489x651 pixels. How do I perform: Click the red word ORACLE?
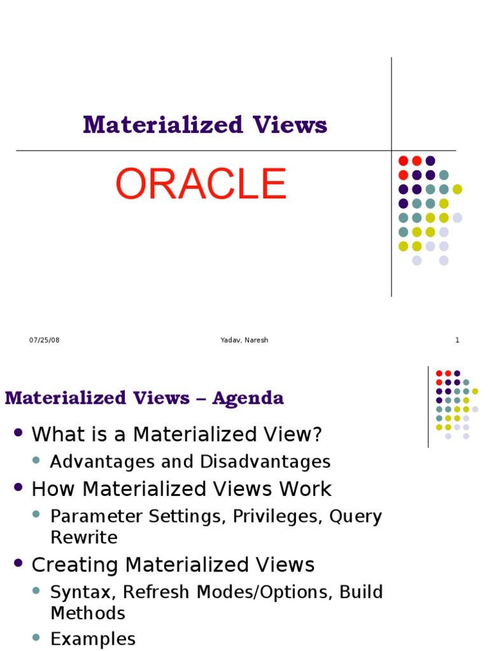201,184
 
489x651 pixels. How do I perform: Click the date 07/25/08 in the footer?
44,340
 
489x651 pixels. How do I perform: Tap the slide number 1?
457,340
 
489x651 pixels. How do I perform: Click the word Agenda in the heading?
248,399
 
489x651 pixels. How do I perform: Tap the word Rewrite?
84,538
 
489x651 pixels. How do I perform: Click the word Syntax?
80,592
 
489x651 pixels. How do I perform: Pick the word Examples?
93,639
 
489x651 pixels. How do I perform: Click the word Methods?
88,613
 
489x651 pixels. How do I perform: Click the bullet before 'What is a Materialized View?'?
18,433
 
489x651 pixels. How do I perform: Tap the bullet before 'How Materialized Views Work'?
18,488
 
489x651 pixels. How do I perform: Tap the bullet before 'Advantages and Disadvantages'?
36,460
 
